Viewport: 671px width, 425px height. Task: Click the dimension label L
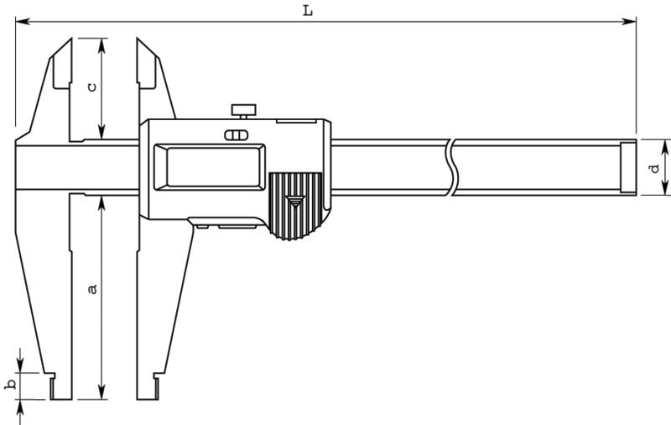308,10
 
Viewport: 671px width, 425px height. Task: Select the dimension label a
92,289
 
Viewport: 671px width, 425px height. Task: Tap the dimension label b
10,385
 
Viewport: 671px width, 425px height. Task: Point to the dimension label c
91,87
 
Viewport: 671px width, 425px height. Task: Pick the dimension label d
655,168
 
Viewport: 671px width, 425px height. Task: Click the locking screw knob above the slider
243,111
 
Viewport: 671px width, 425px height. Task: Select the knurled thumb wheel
295,206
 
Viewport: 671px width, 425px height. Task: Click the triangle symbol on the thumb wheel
295,202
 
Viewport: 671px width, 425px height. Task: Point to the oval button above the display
237,135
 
